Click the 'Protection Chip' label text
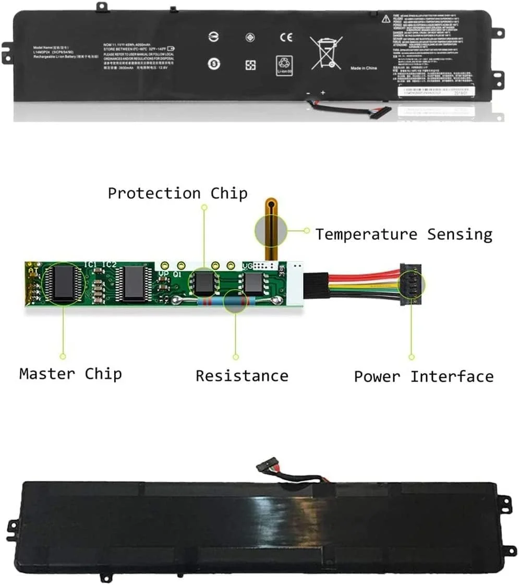coord(177,193)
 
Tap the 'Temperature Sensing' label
coord(403,234)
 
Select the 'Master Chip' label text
coord(70,374)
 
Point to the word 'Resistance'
coord(242,376)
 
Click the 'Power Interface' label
coord(423,376)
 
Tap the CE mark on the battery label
coord(286,38)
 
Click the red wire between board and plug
coord(360,275)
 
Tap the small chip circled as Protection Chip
coord(204,282)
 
